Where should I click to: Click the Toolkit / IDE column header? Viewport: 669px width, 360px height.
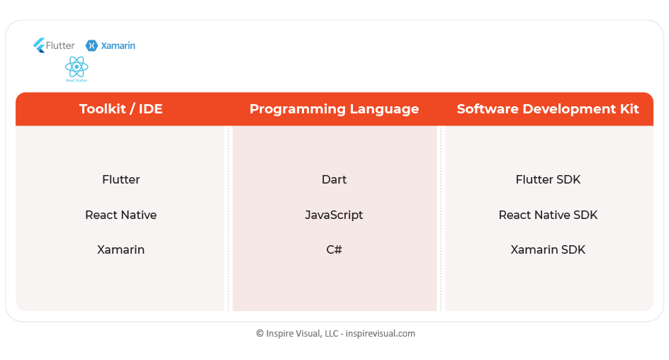pyautogui.click(x=120, y=108)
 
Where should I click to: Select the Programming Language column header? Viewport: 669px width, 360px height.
pyautogui.click(x=334, y=109)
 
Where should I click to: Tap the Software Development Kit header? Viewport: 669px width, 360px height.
pyautogui.click(x=548, y=108)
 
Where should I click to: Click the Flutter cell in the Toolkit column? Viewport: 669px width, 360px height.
pyautogui.click(x=120, y=179)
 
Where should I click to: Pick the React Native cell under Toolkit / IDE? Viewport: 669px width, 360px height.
pyautogui.click(x=120, y=215)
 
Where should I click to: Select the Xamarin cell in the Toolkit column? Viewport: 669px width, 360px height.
pyautogui.click(x=120, y=249)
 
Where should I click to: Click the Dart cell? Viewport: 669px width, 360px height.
pyautogui.click(x=334, y=179)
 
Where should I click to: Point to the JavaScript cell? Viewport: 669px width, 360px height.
pyautogui.click(x=334, y=215)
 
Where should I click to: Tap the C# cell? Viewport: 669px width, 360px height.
pyautogui.click(x=334, y=249)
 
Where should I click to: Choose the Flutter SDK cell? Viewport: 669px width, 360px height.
pyautogui.click(x=548, y=179)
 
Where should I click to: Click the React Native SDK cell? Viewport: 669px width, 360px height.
pyautogui.click(x=548, y=215)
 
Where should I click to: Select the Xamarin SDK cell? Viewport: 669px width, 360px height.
pyautogui.click(x=548, y=249)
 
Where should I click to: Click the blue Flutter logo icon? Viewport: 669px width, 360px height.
pyautogui.click(x=39, y=45)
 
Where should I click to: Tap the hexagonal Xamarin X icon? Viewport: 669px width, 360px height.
pyautogui.click(x=91, y=45)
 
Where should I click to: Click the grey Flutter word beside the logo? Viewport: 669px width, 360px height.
pyautogui.click(x=60, y=45)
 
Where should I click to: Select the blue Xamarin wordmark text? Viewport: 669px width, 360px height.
pyautogui.click(x=118, y=45)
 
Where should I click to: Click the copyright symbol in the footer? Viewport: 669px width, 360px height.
pyautogui.click(x=260, y=334)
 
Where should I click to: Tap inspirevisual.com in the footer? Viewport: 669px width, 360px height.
pyautogui.click(x=380, y=334)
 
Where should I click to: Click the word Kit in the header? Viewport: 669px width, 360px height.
pyautogui.click(x=629, y=108)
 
